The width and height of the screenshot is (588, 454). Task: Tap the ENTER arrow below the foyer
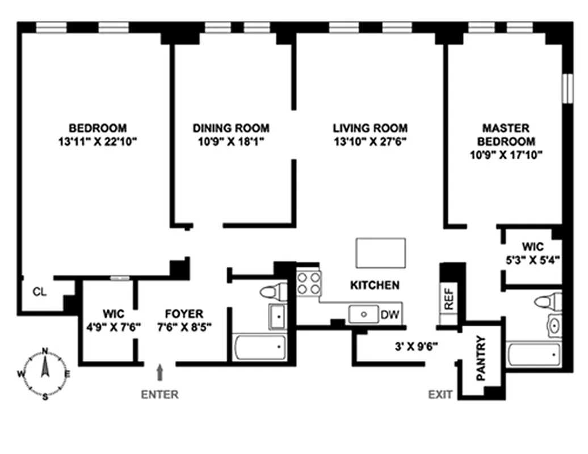(160, 373)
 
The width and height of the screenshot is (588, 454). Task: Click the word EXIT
(441, 394)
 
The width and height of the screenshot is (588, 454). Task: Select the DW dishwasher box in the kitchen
(390, 314)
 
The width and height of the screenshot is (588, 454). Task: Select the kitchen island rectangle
(380, 253)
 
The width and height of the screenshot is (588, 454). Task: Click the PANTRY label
(481, 358)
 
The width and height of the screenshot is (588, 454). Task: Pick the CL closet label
(39, 292)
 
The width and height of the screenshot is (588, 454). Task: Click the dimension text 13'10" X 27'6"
(370, 141)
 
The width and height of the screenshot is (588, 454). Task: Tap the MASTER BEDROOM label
(505, 134)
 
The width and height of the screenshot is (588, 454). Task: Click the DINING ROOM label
(230, 128)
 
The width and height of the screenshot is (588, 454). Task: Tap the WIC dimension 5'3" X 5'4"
(533, 261)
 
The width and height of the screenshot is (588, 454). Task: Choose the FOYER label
(184, 314)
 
